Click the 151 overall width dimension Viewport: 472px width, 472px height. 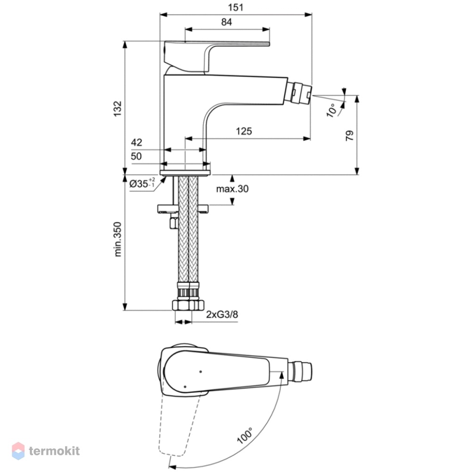tap(236, 7)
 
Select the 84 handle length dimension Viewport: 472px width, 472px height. tap(227, 22)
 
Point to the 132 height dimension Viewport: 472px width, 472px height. tap(118, 109)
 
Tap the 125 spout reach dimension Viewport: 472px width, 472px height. tap(244, 131)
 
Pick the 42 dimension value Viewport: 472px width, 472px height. tap(136, 142)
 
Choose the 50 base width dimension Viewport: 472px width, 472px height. tap(136, 156)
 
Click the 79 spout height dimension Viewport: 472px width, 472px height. tap(349, 136)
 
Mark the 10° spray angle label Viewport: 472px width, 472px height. tap(331, 110)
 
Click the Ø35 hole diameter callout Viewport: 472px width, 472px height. tap(142, 183)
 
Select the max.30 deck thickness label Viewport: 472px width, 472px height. tap(232, 189)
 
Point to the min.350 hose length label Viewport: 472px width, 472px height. tap(118, 239)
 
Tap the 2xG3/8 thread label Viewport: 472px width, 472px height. tap(222, 314)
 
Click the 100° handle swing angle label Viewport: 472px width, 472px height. tap(245, 436)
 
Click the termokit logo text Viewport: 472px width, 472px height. tap(54, 451)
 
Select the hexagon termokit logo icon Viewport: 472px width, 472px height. tap(18, 451)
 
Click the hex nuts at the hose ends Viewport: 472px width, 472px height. tap(188, 305)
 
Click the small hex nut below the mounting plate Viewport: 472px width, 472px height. tap(174, 224)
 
